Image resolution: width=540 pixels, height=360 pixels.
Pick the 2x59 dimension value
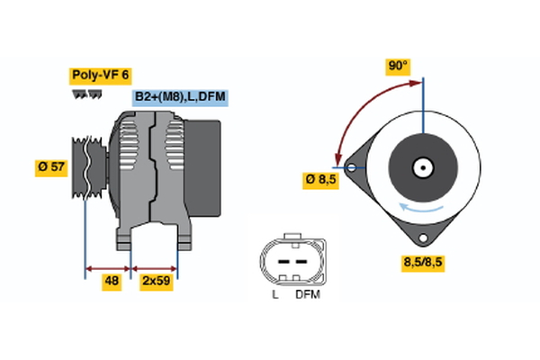156,280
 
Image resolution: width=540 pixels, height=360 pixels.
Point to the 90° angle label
398,66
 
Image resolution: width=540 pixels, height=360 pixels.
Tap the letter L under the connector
275,294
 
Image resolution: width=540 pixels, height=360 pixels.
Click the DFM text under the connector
307,294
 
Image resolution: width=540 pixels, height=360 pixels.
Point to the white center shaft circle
421,167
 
